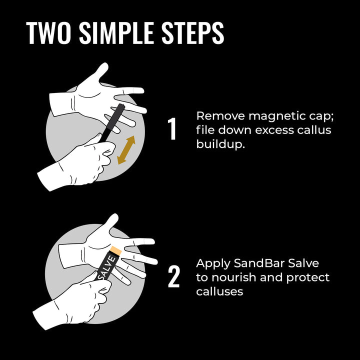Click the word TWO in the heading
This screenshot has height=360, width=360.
click(48, 33)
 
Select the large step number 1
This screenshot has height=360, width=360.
click(172, 129)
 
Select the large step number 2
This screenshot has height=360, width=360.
click(173, 277)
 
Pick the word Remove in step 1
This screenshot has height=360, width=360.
click(220, 116)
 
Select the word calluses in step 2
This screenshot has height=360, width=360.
click(219, 291)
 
